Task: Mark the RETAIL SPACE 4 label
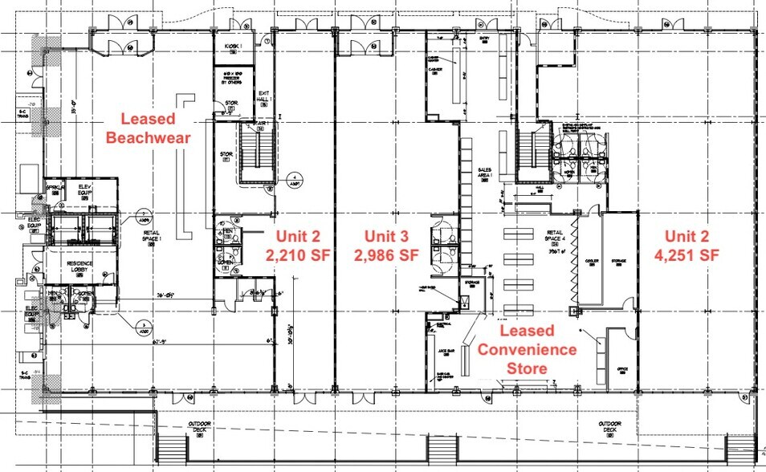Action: click(553, 238)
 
